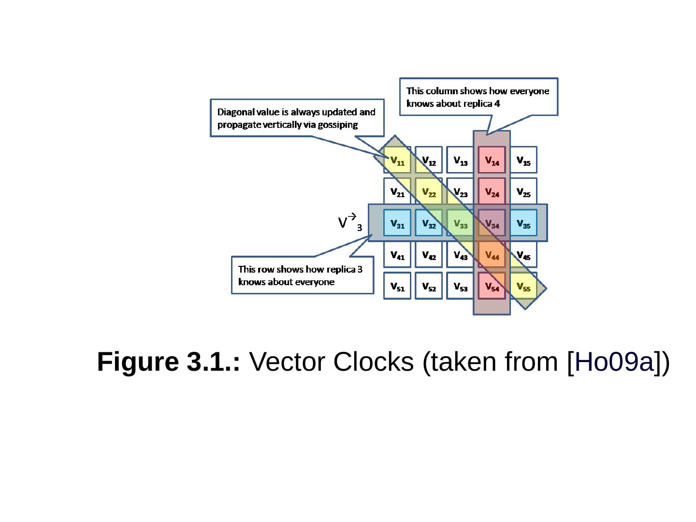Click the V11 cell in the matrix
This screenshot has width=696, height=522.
(397, 160)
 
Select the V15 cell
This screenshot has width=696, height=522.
(523, 160)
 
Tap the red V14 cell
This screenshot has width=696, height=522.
(492, 160)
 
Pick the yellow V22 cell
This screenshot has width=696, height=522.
(429, 191)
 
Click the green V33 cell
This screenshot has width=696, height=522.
(460, 223)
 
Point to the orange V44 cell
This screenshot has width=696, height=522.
(492, 254)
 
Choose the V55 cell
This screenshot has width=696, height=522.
(523, 286)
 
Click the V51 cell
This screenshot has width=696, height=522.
(397, 286)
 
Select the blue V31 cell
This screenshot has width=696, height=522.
(397, 223)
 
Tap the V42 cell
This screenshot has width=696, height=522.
(429, 254)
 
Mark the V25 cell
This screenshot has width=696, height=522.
(523, 191)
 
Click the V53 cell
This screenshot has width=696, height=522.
(460, 286)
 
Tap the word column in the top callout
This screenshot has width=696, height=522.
(439, 91)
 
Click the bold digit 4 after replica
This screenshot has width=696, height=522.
(497, 103)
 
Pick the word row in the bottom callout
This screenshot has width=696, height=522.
(266, 269)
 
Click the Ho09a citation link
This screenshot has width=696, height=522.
(614, 362)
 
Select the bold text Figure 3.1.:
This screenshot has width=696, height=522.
(169, 362)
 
